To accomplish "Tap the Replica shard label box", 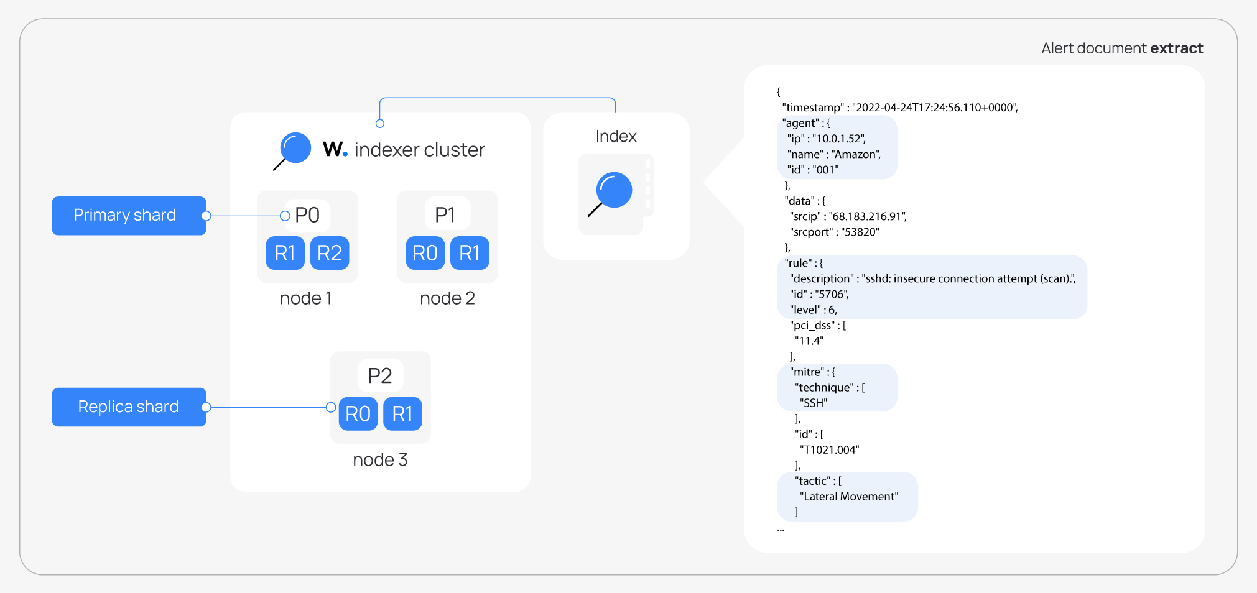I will click(129, 407).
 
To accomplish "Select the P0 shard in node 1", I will click(307, 215).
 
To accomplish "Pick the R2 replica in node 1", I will click(330, 253).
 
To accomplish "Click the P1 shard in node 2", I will click(445, 215).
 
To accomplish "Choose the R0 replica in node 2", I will click(425, 253).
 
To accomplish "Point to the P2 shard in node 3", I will click(380, 376).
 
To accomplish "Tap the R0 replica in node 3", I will click(358, 414).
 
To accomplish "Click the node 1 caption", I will click(306, 298).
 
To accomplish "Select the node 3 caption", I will click(380, 460).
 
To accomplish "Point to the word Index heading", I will click(616, 136).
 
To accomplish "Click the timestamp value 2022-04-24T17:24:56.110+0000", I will click(934, 108).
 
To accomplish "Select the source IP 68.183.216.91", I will click(868, 216).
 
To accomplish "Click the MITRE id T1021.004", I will click(830, 449).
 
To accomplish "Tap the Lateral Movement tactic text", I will click(849, 496).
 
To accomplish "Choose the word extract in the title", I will click(1176, 48).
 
